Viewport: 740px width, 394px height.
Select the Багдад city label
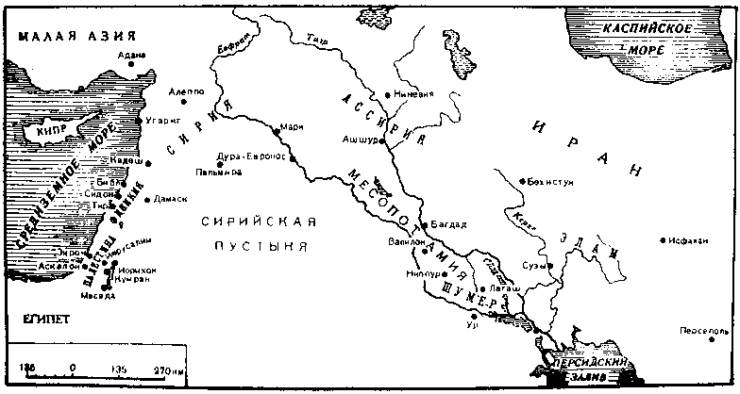tap(449, 224)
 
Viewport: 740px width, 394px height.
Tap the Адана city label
tap(132, 55)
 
